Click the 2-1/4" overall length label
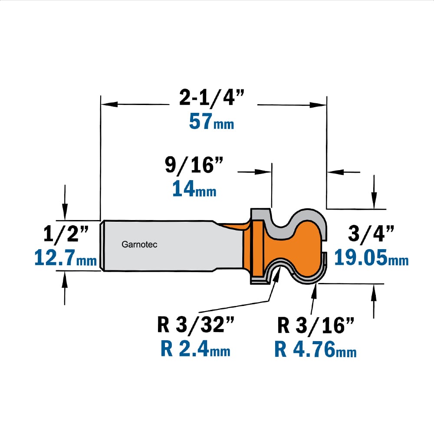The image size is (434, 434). pos(212,97)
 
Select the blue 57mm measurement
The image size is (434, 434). pos(211,122)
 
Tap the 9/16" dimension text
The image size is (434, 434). pos(194,165)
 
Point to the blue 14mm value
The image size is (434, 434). pos(194,189)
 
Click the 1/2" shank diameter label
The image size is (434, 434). pos(66,234)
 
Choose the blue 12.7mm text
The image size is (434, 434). pos(66,258)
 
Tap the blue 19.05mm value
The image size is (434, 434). pos(371,257)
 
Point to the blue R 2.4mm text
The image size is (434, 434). pos(195,349)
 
